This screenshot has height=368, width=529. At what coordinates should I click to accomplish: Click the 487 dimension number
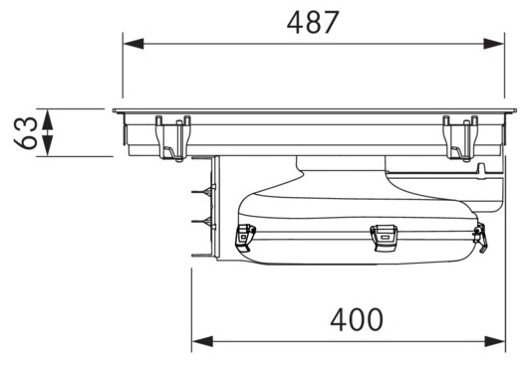point(313,22)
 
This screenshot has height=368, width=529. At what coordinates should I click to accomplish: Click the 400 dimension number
point(357,319)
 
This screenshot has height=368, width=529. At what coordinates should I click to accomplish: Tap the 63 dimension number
point(26,132)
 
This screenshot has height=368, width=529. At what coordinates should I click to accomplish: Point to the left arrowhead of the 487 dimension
point(133,44)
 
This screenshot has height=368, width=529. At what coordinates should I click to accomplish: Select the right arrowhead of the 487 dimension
point(493,44)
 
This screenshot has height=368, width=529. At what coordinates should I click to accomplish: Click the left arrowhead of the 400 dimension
point(203,341)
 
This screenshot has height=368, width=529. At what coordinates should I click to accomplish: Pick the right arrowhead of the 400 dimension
point(495,341)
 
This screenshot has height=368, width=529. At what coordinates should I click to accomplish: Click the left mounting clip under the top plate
point(172,138)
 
